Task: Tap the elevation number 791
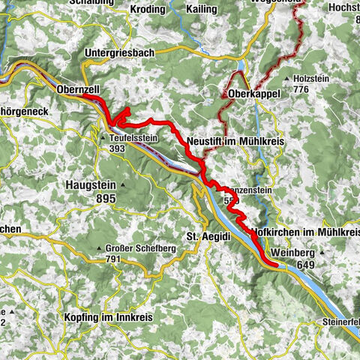[113, 259]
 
